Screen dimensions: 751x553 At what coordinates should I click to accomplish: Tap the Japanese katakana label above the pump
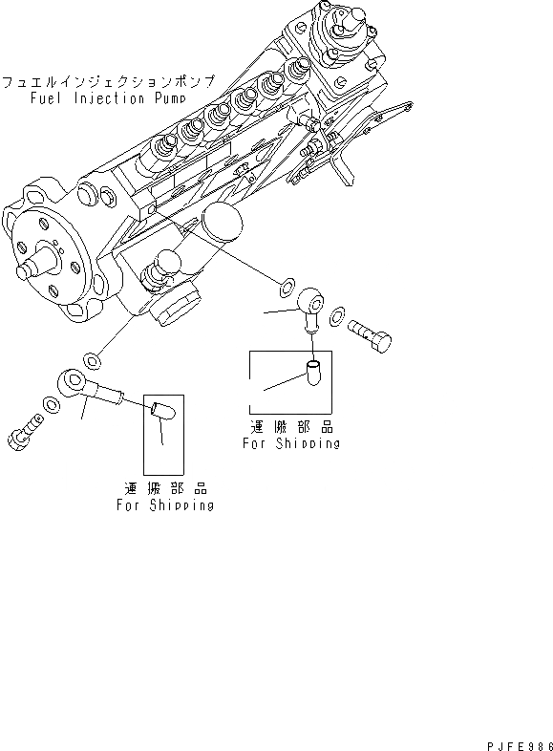click(108, 82)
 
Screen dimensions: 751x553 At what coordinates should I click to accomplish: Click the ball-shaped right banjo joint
click(311, 304)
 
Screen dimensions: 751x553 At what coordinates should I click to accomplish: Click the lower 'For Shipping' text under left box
click(164, 505)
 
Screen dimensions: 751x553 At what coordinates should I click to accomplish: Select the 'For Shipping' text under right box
click(290, 443)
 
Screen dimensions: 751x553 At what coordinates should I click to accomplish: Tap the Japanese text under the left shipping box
click(164, 489)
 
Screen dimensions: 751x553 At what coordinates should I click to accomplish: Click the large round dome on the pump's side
click(222, 228)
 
